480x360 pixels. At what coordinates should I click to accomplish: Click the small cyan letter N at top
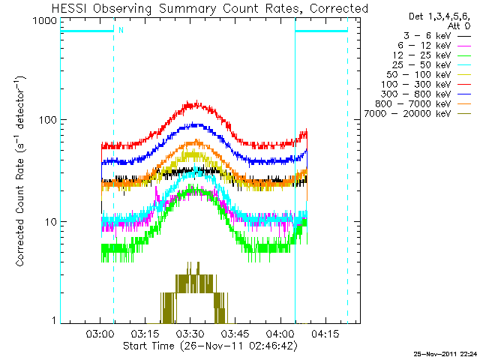coord(121,31)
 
